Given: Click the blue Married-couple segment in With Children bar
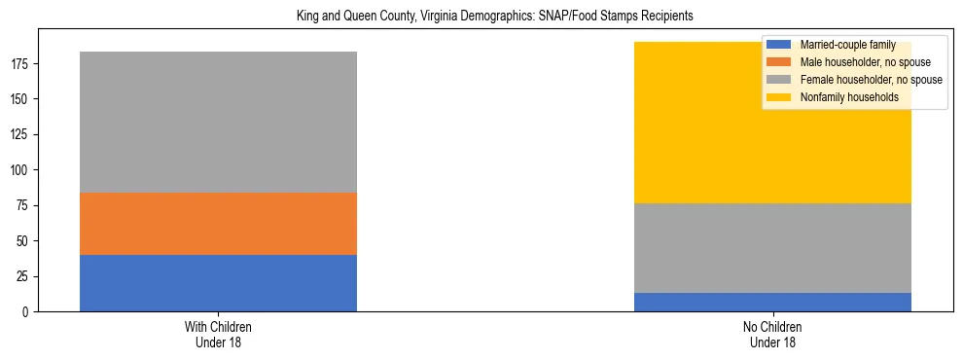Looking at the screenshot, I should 218,283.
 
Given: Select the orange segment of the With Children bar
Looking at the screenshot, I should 218,224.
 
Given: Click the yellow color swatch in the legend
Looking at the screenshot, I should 779,97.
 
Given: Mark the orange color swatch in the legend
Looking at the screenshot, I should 779,62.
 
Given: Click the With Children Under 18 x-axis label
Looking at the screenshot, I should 218,335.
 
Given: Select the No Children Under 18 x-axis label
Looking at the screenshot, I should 772,335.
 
